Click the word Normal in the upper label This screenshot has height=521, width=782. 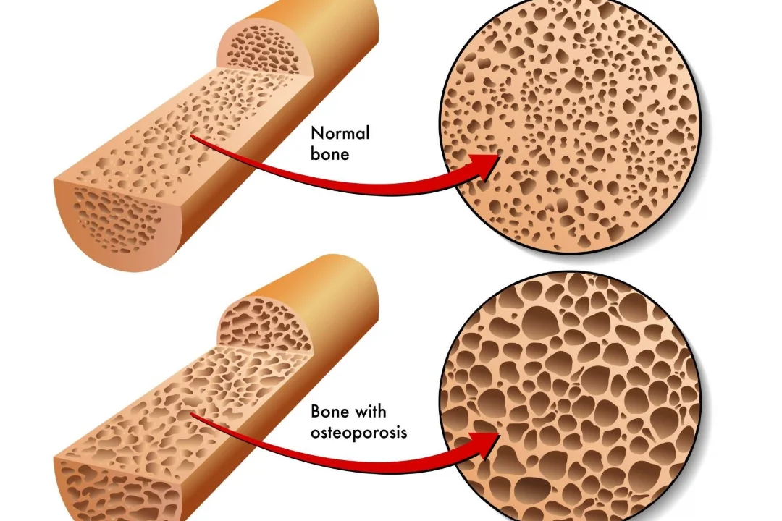click(340, 133)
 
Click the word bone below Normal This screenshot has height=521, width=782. click(329, 153)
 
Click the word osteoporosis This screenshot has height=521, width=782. click(358, 433)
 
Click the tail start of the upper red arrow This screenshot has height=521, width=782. click(194, 135)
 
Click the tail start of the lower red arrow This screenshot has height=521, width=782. click(193, 415)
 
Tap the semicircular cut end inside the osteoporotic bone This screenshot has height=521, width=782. click(264, 321)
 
